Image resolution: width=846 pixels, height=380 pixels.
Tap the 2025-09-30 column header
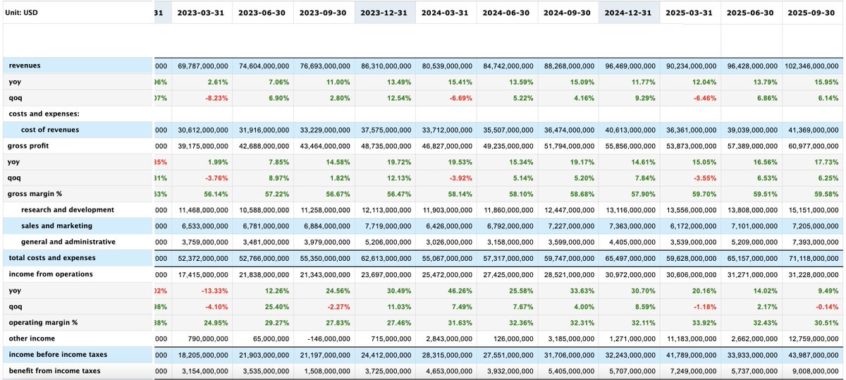pyautogui.click(x=812, y=13)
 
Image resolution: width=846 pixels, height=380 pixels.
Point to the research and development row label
pyautogui.click(x=67, y=209)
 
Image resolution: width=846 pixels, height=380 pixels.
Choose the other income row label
pyautogui.click(x=32, y=338)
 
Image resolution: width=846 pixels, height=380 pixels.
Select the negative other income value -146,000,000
pyautogui.click(x=324, y=339)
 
